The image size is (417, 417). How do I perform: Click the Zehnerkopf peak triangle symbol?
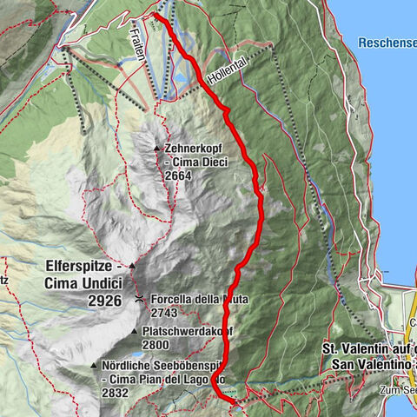point(156,149)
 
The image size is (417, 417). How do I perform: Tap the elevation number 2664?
point(179,175)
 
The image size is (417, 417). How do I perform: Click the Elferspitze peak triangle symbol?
point(132,266)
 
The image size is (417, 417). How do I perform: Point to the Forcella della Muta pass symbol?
point(139,299)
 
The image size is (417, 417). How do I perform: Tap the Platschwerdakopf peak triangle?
point(134,331)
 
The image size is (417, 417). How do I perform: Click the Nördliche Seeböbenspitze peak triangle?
point(94,366)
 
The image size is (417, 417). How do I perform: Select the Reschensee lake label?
point(387,41)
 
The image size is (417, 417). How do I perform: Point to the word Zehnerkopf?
point(190,149)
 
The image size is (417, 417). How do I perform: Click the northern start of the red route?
point(155,15)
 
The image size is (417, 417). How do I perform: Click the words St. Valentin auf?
point(365,348)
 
